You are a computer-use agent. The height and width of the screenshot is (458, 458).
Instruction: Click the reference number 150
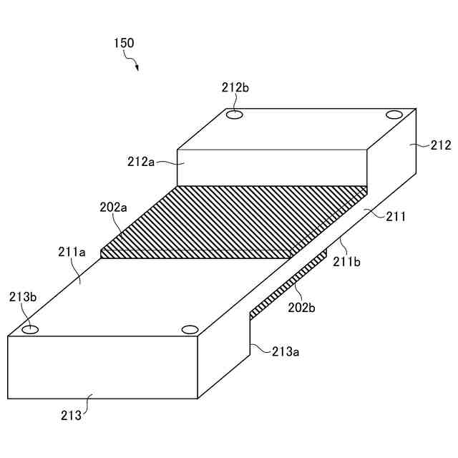click(x=123, y=43)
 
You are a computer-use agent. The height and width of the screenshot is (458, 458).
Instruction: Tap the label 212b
click(x=235, y=88)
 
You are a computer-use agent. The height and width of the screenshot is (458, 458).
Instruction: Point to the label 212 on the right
click(x=441, y=145)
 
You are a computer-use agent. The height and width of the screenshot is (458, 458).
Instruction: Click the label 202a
click(x=113, y=208)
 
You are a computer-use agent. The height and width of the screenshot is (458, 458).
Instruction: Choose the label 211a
click(x=72, y=252)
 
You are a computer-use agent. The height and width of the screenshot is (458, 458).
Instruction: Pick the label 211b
click(x=347, y=262)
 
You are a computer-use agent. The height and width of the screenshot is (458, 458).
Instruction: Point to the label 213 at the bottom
click(x=71, y=414)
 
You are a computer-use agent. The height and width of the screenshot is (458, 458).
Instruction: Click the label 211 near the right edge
click(x=395, y=215)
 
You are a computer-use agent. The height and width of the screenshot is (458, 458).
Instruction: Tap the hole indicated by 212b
click(x=235, y=114)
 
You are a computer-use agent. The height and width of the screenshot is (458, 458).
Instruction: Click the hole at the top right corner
click(x=394, y=114)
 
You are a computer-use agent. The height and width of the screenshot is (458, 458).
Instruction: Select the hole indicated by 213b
click(x=30, y=330)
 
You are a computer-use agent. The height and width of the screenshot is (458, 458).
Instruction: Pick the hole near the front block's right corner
click(x=189, y=330)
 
